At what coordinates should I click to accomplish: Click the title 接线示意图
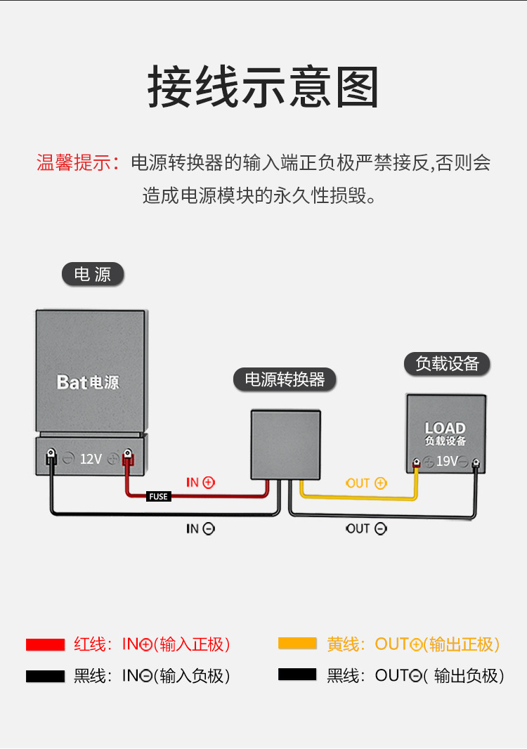[x=263, y=88]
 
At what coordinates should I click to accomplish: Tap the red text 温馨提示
[x=77, y=163]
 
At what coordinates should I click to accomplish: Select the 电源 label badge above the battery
[x=93, y=274]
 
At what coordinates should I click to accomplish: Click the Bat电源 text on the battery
[x=88, y=382]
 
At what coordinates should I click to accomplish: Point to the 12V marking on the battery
[x=91, y=459]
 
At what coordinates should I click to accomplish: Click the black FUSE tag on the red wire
[x=159, y=497]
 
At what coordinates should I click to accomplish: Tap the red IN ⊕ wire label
[x=200, y=483]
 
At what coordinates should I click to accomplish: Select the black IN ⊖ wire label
[x=200, y=528]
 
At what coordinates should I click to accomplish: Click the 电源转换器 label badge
[x=285, y=380]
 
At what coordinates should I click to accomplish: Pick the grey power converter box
[x=286, y=444]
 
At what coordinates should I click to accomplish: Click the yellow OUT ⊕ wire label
[x=366, y=483]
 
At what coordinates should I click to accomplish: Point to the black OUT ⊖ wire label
[x=366, y=528]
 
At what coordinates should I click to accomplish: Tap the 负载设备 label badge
[x=447, y=363]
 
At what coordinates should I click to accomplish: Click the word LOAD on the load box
[x=445, y=428]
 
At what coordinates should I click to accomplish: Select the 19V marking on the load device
[x=447, y=462]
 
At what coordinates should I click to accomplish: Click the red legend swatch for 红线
[x=45, y=644]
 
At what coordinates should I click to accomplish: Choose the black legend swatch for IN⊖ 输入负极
[x=45, y=676]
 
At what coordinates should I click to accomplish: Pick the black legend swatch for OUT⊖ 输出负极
[x=297, y=675]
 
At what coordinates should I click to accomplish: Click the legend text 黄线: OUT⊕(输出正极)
[x=413, y=644]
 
